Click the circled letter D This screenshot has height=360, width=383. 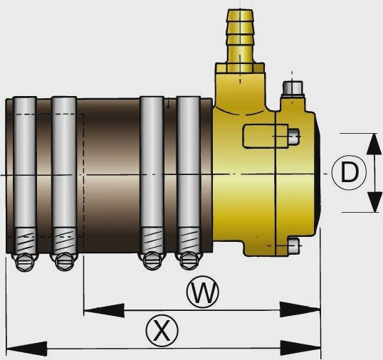(x=350, y=173)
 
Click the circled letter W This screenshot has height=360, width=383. (x=203, y=292)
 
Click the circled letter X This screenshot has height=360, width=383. (x=162, y=330)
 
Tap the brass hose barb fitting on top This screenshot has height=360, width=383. (x=240, y=41)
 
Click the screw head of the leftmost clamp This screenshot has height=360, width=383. (x=25, y=262)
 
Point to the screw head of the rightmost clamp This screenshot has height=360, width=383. (x=189, y=261)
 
